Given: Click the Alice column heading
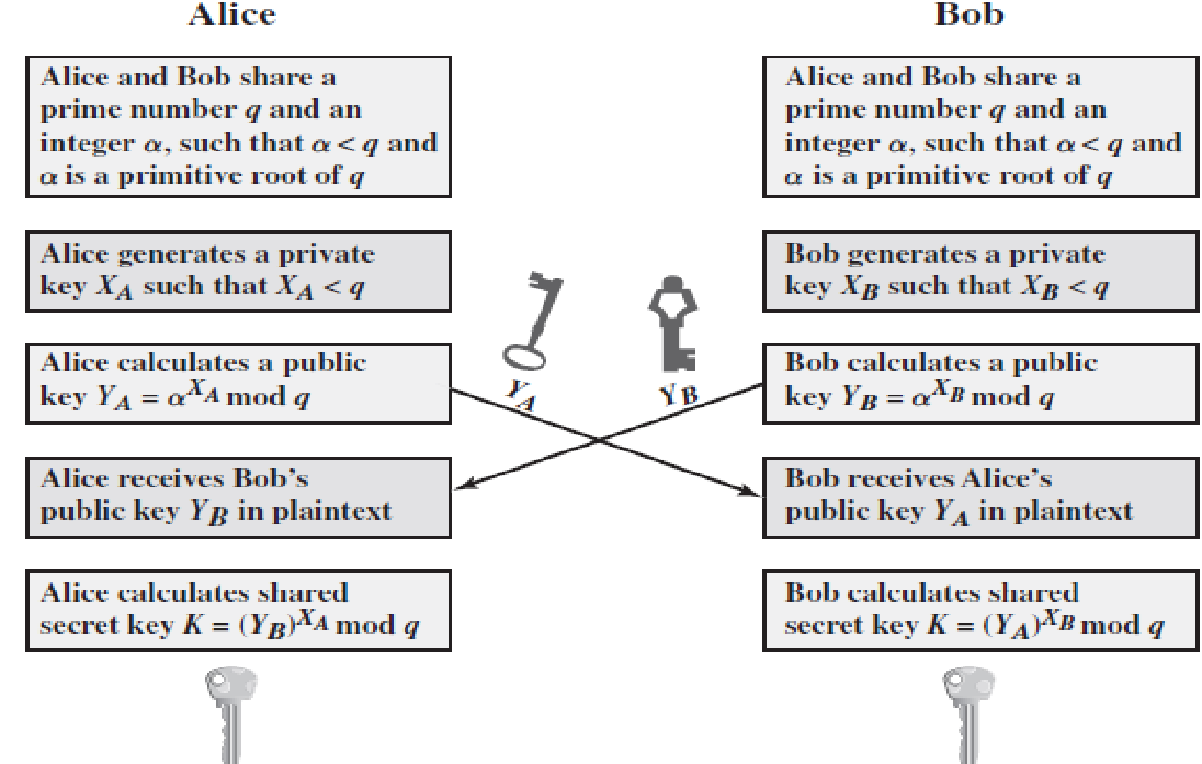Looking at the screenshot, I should click(x=231, y=14).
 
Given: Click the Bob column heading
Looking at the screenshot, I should click(x=968, y=14).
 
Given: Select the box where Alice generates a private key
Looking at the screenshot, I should click(x=238, y=271).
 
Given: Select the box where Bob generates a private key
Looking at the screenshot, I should click(x=981, y=271).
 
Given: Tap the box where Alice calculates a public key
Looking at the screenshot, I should click(x=238, y=382).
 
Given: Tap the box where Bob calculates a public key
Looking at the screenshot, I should click(x=981, y=382).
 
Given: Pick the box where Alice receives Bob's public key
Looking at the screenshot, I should click(x=238, y=495).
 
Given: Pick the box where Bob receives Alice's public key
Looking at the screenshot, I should click(x=981, y=495).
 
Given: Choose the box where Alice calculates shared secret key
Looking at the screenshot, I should click(x=238, y=610).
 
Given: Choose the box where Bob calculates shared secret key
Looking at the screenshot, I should click(x=981, y=610).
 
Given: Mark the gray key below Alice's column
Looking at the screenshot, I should click(x=229, y=715).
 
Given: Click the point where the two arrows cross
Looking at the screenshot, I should click(x=601, y=440).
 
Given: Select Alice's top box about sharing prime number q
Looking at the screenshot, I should click(x=238, y=127).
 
